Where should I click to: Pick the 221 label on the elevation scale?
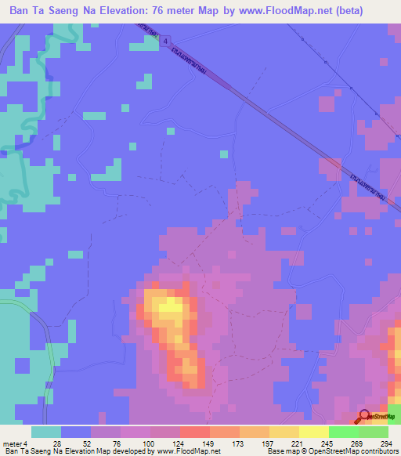tap(286, 443)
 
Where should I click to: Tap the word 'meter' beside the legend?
tap(10, 443)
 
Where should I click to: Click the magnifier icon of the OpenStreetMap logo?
tap(365, 418)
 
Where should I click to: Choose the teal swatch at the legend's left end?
tap(46, 432)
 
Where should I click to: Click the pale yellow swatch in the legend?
tap(313, 432)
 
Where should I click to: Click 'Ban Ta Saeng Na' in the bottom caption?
tap(31, 452)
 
